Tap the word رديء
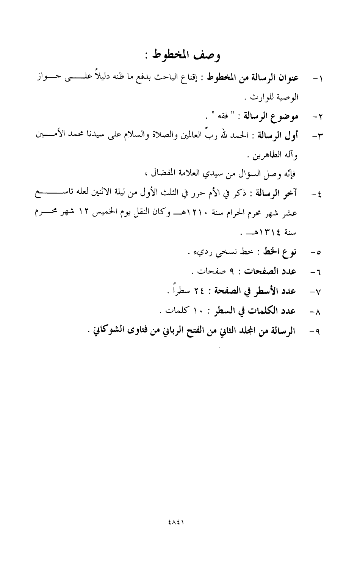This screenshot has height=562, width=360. tap(197, 252)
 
